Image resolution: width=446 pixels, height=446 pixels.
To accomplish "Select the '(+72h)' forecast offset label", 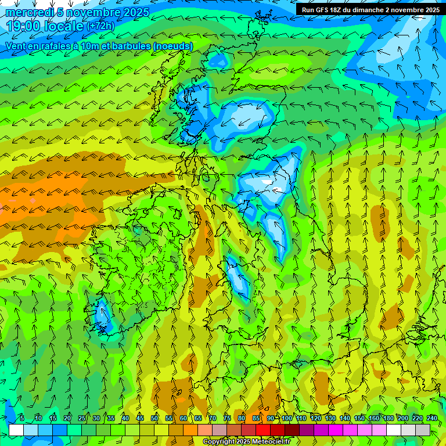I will tap(100, 26).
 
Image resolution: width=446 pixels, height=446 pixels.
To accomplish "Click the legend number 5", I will tap(22, 418).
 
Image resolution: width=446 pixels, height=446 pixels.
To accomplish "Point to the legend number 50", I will tap(154, 418).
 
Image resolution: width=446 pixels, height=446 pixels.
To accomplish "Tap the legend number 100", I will tap(286, 418).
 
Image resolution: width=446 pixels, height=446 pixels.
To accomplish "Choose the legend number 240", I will tap(432, 418).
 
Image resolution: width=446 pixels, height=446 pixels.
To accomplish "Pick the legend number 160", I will tap(374, 418).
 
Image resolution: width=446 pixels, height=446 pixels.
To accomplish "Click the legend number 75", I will tap(227, 418).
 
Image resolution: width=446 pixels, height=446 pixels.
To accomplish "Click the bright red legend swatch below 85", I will tap(263, 430).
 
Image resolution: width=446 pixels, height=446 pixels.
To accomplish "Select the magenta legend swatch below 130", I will tap(336, 430).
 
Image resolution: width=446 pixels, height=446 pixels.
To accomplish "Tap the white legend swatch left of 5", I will tap(16, 430).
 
